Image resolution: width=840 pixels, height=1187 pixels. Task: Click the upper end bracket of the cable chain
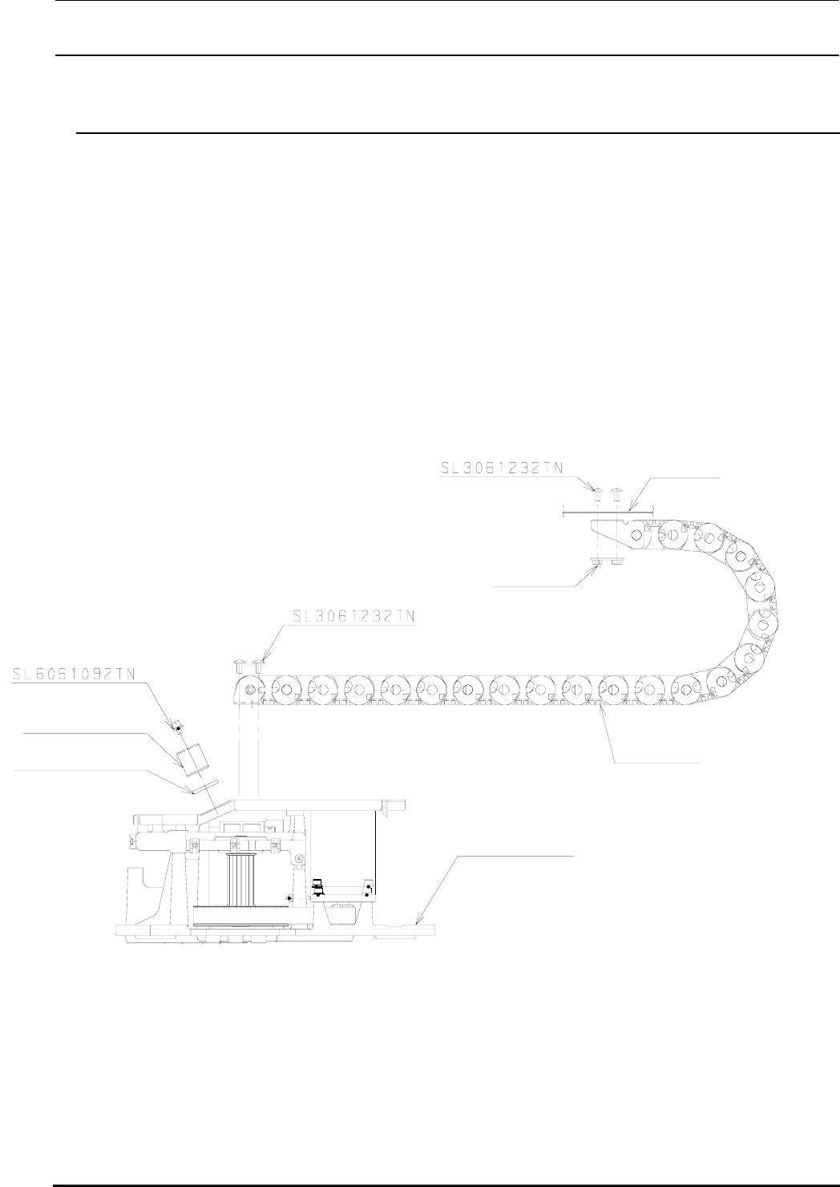617,534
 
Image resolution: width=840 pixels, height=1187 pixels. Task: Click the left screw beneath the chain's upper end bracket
596,564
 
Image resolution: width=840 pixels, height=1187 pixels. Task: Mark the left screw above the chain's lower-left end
239,665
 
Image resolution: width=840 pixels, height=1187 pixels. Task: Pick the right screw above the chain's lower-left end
258,665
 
